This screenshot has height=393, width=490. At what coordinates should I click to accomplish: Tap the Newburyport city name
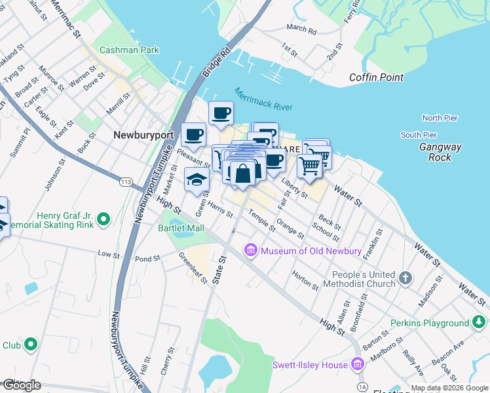click(143, 135)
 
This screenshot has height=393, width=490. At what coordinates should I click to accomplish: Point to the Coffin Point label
click(376, 77)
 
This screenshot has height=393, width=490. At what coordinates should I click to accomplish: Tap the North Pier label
click(439, 118)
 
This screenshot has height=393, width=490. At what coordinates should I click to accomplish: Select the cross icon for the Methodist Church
click(405, 279)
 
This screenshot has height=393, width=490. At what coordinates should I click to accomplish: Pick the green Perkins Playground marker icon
click(479, 323)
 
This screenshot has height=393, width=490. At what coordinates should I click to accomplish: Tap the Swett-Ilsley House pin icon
click(358, 364)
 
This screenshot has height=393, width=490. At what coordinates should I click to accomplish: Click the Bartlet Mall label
click(181, 228)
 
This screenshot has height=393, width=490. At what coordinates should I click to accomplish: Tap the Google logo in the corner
click(22, 385)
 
